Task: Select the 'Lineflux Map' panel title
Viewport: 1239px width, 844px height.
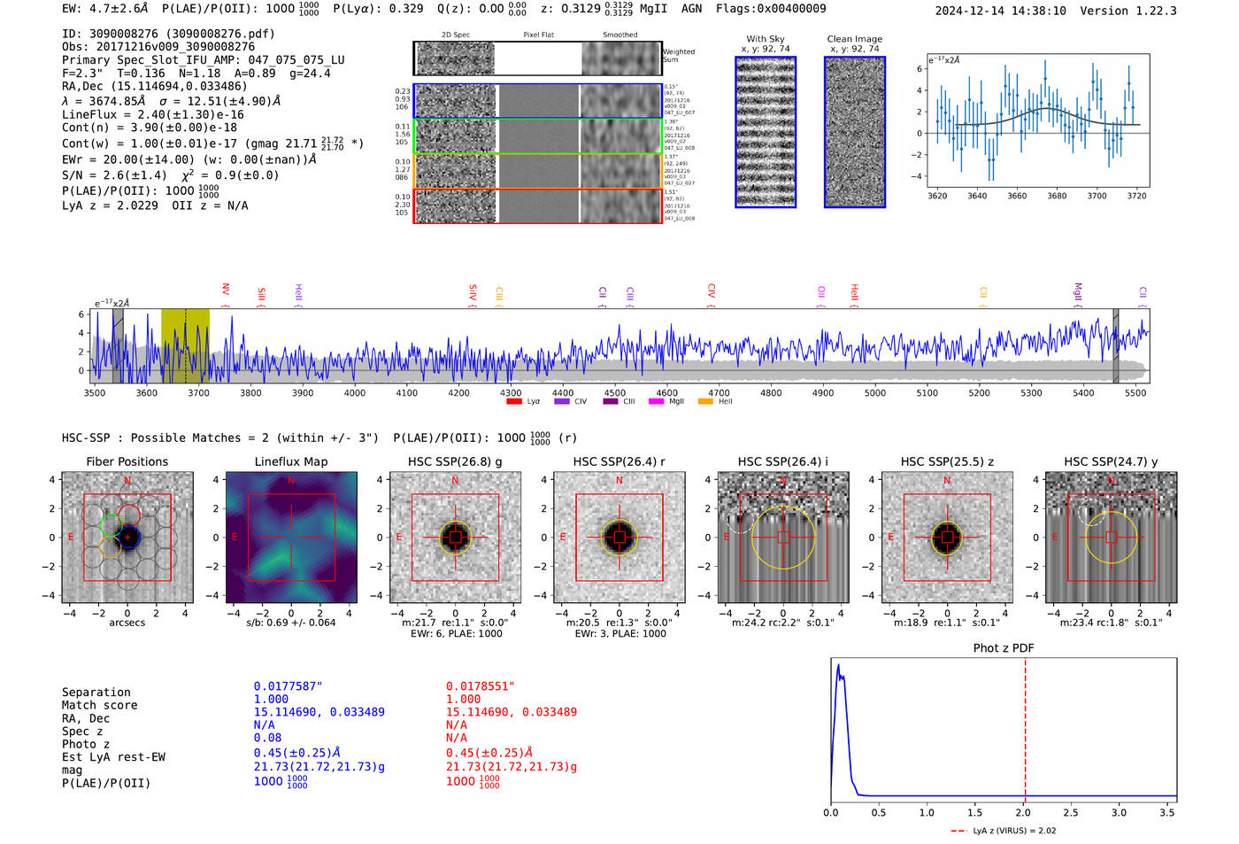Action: point(290,461)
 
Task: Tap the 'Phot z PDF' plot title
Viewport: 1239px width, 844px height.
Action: point(1003,648)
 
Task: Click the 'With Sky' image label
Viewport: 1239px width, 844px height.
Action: point(765,39)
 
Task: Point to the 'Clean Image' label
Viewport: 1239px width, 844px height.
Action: point(854,39)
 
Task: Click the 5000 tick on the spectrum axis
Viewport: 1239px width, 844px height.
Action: point(874,393)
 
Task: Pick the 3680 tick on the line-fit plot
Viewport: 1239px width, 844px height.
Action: point(1057,196)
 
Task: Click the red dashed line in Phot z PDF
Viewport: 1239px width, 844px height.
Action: point(1025,726)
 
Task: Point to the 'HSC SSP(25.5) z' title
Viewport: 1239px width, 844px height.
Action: point(947,461)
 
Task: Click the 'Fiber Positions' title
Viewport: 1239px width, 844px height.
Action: point(127,461)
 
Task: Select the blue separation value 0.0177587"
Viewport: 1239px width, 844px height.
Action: point(288,686)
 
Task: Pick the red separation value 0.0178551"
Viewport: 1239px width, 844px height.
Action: point(480,686)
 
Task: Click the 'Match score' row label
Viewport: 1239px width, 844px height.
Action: point(99,705)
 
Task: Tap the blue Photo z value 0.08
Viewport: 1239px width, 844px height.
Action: point(267,738)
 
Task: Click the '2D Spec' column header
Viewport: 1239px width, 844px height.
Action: point(456,35)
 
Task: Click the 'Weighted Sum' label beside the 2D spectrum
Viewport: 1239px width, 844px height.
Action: point(678,56)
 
